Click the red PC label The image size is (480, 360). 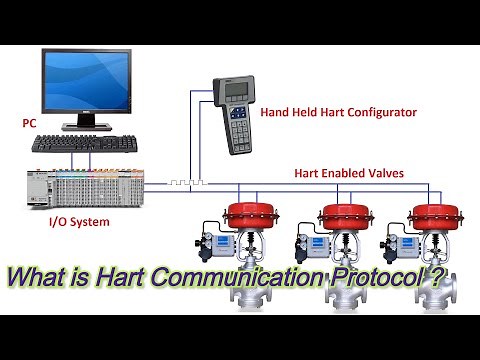pyautogui.click(x=29, y=123)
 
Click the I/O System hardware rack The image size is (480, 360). pyautogui.click(x=85, y=186)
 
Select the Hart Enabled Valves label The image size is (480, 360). pyautogui.click(x=349, y=173)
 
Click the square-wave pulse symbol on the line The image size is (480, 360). pyautogui.click(x=187, y=184)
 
